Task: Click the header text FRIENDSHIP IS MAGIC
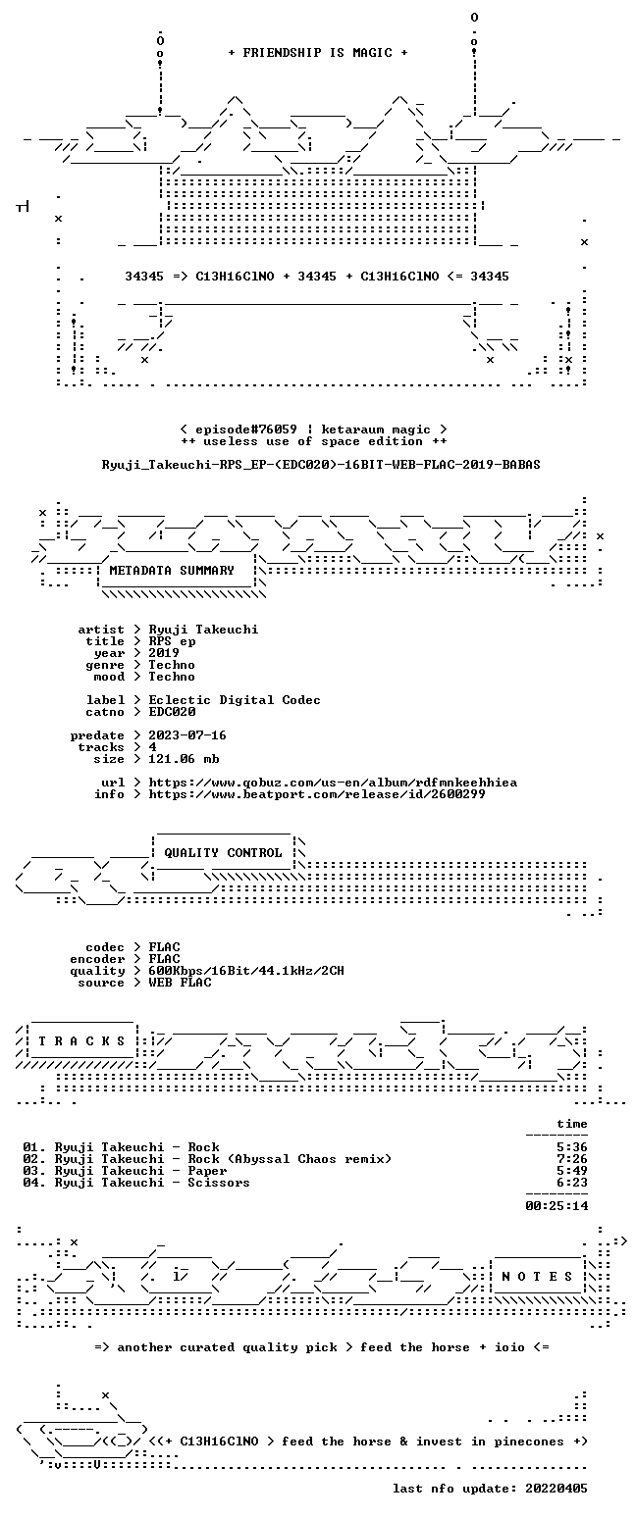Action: click(x=318, y=53)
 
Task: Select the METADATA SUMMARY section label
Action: click(x=172, y=571)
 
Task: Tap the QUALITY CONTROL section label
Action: click(x=223, y=853)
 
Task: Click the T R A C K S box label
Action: click(x=82, y=1040)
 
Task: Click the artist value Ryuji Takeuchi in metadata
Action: click(x=203, y=630)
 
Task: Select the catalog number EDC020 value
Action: click(x=172, y=712)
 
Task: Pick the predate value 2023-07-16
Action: click(x=187, y=735)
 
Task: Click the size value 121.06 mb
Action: click(x=184, y=759)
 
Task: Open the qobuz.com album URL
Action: click(x=333, y=783)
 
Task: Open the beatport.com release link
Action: click(x=317, y=794)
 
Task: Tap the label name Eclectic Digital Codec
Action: click(x=235, y=700)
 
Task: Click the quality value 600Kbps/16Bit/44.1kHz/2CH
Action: click(x=246, y=971)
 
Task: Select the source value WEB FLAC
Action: click(x=180, y=983)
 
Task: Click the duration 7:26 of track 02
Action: click(x=572, y=1159)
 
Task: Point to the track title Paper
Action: click(x=207, y=1171)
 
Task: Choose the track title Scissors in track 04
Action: click(x=219, y=1183)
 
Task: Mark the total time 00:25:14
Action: click(x=556, y=1205)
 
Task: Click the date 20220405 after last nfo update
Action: click(x=556, y=1489)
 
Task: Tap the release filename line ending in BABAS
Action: click(x=321, y=465)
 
